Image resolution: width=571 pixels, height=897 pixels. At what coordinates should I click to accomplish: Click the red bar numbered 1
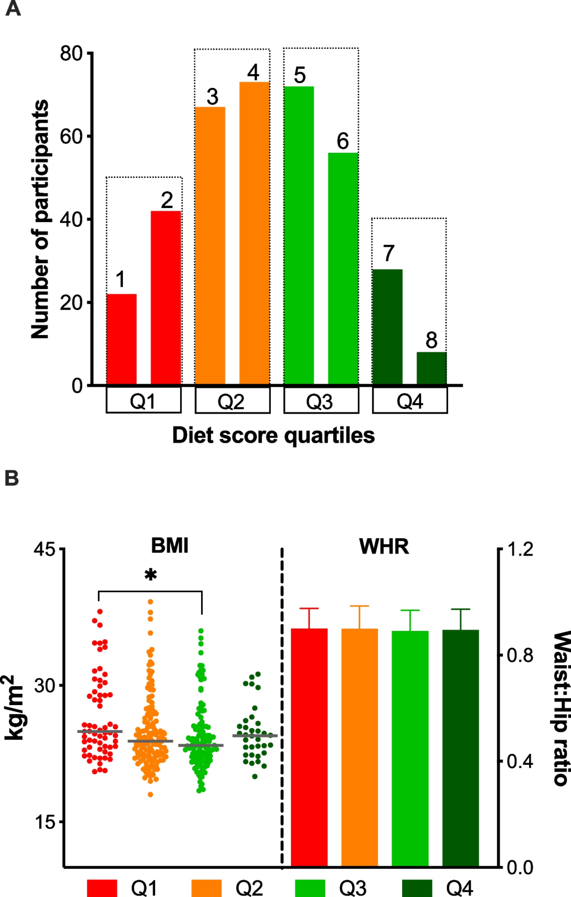(121, 339)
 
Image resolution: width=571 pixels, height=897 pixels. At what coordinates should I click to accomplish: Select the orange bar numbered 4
(254, 233)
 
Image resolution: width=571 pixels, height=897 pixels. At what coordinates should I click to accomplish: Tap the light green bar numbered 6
(343, 269)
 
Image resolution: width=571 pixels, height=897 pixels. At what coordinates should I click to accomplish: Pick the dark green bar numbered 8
(431, 368)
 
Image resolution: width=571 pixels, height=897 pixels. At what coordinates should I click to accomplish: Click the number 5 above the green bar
(300, 75)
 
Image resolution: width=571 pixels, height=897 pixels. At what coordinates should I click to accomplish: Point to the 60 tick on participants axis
(71, 136)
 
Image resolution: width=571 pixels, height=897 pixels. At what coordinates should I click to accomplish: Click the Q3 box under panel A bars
(321, 400)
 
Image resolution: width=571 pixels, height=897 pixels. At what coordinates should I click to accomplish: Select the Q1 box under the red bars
(143, 400)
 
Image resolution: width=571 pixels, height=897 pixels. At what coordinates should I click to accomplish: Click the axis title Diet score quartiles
(273, 435)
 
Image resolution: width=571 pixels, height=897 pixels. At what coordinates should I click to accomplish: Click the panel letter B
(11, 478)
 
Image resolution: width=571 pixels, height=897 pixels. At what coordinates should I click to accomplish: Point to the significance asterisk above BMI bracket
(151, 575)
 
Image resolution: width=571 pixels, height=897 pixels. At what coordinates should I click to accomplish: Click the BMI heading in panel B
(169, 545)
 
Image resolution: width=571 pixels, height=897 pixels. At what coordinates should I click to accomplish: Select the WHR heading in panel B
(384, 546)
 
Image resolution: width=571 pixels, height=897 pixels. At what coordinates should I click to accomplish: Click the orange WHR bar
(359, 747)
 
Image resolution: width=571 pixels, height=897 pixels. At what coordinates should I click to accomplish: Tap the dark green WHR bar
(460, 747)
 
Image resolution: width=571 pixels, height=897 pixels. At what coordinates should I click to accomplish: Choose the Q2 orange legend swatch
(206, 887)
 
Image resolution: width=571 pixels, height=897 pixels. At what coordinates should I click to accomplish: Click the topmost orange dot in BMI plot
(150, 602)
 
